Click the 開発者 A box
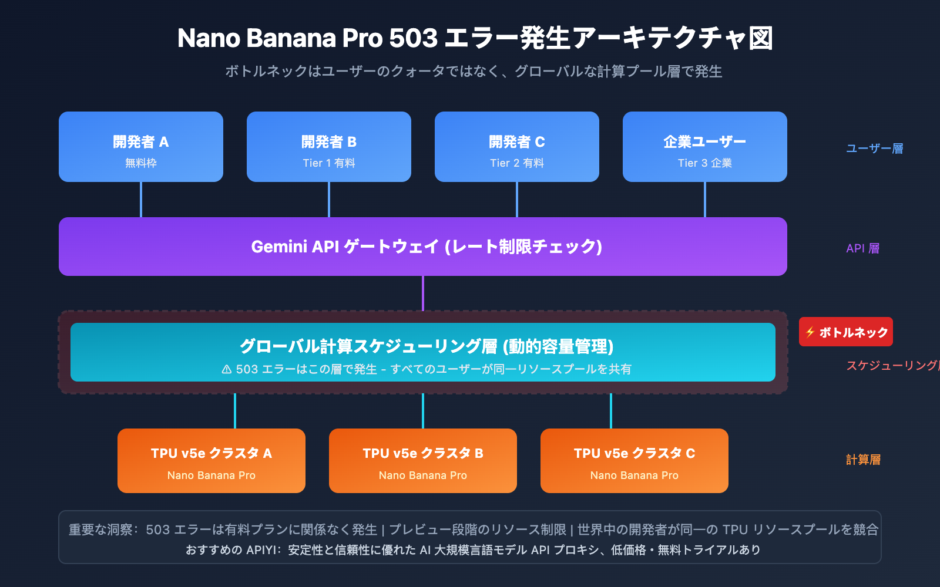click(141, 147)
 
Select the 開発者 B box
click(329, 147)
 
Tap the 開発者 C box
click(517, 147)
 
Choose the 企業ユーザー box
click(705, 147)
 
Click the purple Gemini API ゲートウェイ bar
click(423, 247)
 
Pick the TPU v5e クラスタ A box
click(211, 461)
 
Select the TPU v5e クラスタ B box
click(423, 461)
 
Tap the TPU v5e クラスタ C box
click(634, 461)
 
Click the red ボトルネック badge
click(846, 332)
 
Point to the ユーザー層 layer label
click(874, 149)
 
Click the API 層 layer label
click(862, 248)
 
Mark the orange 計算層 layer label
click(863, 460)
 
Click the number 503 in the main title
click(413, 38)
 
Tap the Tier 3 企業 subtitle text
click(705, 163)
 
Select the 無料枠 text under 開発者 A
click(141, 163)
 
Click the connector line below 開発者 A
click(141, 200)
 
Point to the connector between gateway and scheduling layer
click(423, 293)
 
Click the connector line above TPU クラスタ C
click(611, 411)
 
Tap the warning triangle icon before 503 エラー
click(227, 369)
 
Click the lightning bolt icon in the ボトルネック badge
click(810, 332)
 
